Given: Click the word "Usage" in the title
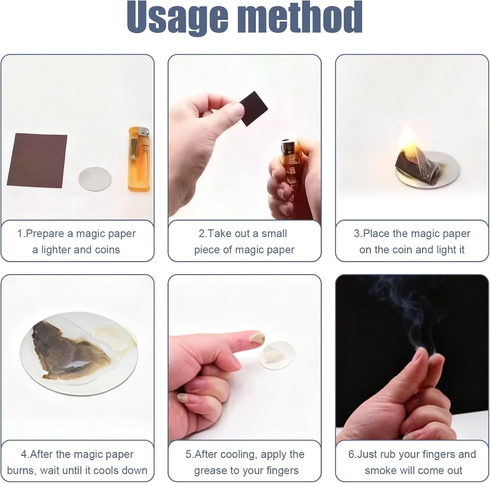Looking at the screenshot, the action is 178,18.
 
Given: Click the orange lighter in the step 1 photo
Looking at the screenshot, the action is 139,159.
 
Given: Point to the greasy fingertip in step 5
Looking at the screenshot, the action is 258,337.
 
